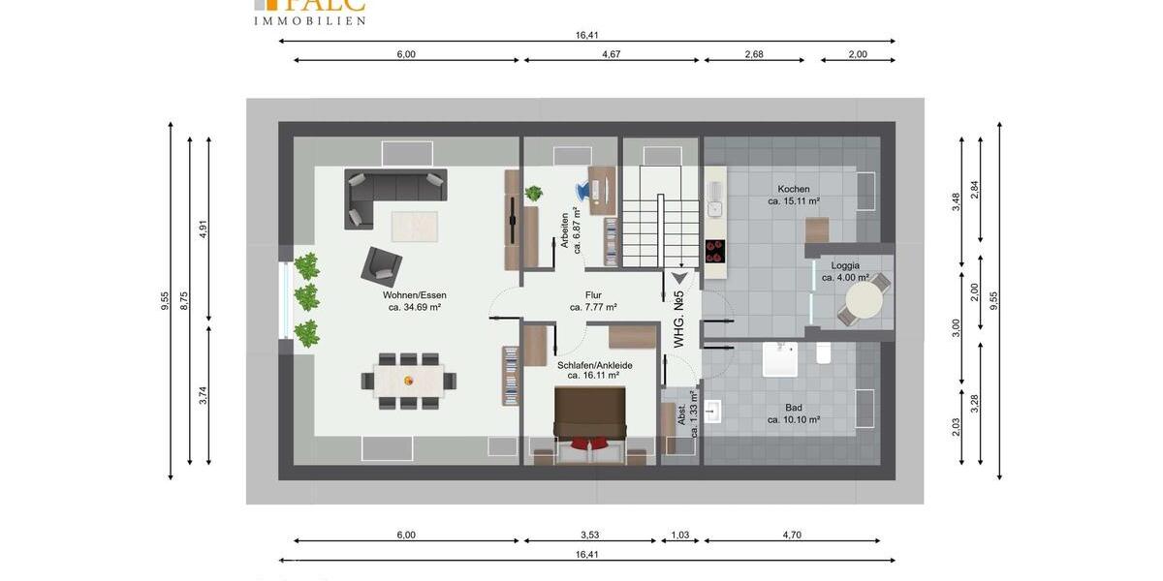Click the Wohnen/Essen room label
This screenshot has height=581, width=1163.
(x=414, y=294)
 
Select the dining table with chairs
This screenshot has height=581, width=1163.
(x=408, y=380)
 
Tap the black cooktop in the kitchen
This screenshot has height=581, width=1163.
(x=715, y=251)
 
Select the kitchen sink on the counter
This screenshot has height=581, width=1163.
(x=714, y=206)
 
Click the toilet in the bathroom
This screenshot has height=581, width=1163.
(x=824, y=352)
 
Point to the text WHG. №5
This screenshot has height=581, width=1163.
(x=679, y=319)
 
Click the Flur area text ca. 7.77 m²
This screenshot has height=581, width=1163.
(x=593, y=307)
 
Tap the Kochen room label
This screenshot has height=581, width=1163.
(x=793, y=189)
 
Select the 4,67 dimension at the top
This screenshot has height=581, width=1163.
(x=611, y=54)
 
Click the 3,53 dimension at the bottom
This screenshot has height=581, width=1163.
(x=589, y=535)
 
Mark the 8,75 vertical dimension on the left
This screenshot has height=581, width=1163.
(x=184, y=300)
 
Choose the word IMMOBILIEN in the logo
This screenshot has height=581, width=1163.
(x=309, y=20)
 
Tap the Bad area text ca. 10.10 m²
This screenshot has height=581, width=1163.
(x=794, y=420)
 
